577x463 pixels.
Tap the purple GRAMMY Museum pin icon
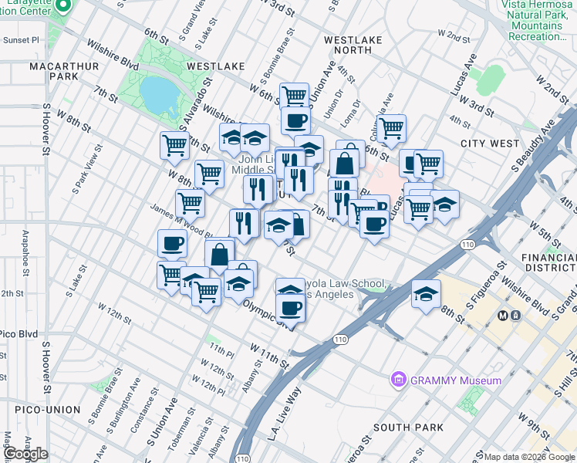399,379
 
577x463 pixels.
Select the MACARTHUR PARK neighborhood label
53,72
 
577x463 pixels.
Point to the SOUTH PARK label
408,428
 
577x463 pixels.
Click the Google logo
25,454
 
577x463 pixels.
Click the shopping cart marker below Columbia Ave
391,127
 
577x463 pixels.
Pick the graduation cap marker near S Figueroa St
425,294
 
